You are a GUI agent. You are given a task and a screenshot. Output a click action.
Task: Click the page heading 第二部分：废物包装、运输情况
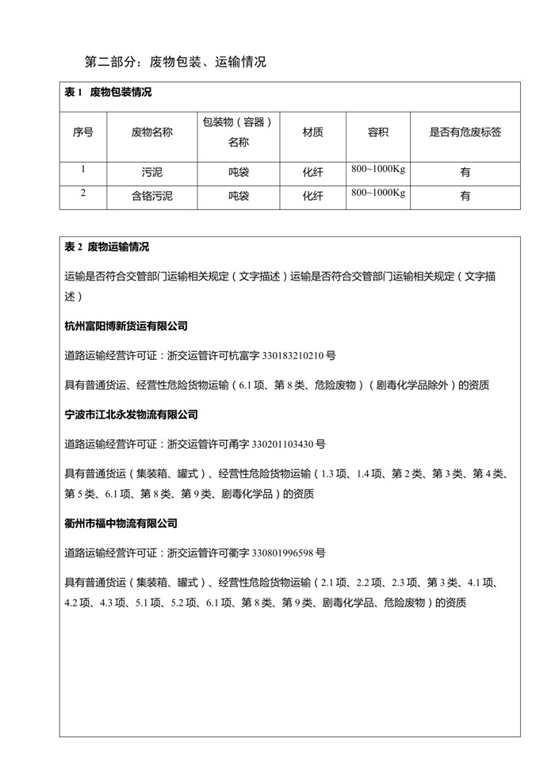click(x=175, y=61)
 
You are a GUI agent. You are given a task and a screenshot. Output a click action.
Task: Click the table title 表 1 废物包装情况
click(x=108, y=93)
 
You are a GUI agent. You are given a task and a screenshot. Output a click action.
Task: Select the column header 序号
click(x=82, y=132)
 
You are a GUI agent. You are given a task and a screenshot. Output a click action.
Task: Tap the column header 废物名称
click(x=151, y=132)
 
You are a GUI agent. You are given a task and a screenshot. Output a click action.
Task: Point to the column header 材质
click(x=312, y=132)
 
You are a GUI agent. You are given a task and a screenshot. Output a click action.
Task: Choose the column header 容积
click(x=377, y=132)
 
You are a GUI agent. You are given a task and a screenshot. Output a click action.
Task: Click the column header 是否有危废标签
click(x=465, y=132)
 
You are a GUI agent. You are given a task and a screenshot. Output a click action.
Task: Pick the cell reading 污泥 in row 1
click(x=151, y=172)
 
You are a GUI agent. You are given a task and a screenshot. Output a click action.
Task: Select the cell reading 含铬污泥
click(x=151, y=195)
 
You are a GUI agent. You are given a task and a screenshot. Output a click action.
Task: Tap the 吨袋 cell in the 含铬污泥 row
click(x=238, y=195)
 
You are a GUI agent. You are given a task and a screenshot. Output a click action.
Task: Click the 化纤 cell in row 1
click(x=312, y=172)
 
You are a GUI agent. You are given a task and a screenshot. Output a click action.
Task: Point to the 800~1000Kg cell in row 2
click(x=377, y=193)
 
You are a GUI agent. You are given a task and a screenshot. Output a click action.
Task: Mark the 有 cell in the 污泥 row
click(x=465, y=172)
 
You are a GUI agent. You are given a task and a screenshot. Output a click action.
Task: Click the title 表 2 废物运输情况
click(x=107, y=247)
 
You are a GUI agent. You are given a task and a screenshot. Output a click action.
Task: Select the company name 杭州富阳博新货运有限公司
click(x=126, y=326)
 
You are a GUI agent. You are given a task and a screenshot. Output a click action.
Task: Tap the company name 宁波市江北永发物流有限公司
click(x=132, y=415)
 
